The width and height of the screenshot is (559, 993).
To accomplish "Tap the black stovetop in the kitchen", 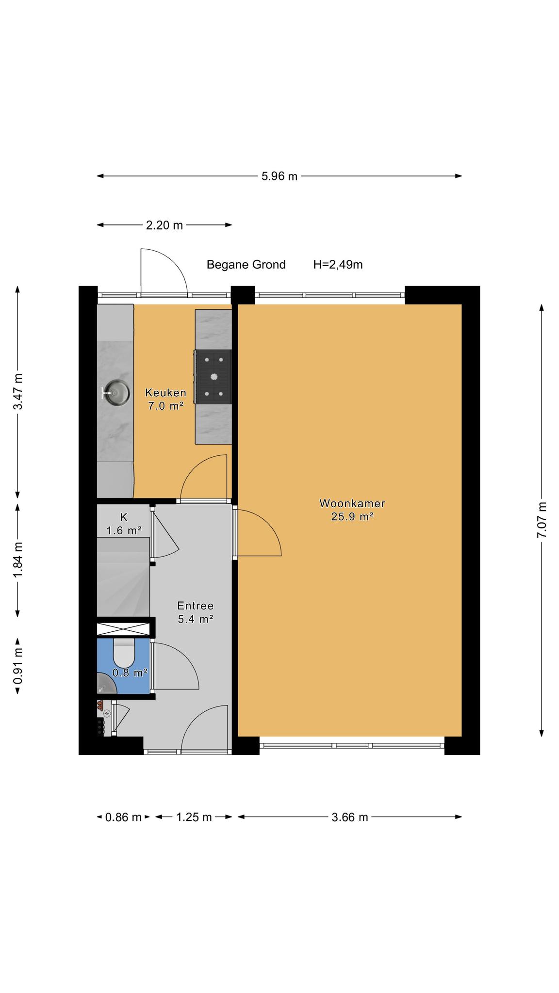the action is pyautogui.click(x=213, y=376).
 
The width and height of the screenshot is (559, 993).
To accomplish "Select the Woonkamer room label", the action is pyautogui.click(x=352, y=503).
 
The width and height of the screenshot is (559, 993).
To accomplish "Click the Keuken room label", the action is pyautogui.click(x=166, y=393).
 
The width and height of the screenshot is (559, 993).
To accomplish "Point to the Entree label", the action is pyautogui.click(x=196, y=606).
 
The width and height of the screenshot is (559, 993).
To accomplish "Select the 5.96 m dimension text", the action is pyautogui.click(x=279, y=176).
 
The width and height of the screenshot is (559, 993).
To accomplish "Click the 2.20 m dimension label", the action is pyautogui.click(x=164, y=225).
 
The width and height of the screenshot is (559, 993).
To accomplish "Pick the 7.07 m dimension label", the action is pyautogui.click(x=542, y=520).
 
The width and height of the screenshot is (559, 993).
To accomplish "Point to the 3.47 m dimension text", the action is pyautogui.click(x=17, y=392).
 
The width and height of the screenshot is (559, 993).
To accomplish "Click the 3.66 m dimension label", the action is pyautogui.click(x=350, y=817).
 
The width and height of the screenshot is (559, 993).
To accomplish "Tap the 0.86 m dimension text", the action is pyautogui.click(x=123, y=817).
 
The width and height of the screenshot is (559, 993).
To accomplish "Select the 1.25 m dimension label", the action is pyautogui.click(x=194, y=817).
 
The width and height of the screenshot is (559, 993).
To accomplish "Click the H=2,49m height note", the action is pyautogui.click(x=338, y=265).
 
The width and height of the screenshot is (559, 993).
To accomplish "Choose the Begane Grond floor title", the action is pyautogui.click(x=246, y=265).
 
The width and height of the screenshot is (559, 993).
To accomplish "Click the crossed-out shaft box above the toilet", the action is pyautogui.click(x=123, y=629).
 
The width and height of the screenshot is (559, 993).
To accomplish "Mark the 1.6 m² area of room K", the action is pyautogui.click(x=124, y=530).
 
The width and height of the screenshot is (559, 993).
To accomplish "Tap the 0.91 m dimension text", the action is pyautogui.click(x=17, y=666).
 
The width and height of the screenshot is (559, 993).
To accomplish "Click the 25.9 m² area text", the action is pyautogui.click(x=352, y=517).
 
